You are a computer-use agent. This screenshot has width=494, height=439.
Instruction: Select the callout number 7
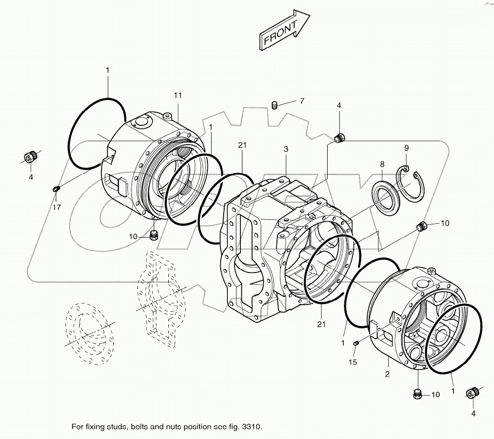click(x=301, y=102)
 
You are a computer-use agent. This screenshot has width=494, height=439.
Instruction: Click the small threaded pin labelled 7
click(x=274, y=106)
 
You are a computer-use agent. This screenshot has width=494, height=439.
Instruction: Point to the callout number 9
click(x=406, y=148)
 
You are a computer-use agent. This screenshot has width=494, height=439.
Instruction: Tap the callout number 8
click(x=382, y=164)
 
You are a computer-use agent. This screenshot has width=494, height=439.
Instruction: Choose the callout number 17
click(x=57, y=207)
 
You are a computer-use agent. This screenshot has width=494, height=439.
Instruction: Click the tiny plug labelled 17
click(x=56, y=189)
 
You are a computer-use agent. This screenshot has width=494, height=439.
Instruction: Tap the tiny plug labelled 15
click(x=357, y=344)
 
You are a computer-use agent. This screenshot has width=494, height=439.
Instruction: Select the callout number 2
click(x=387, y=375)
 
